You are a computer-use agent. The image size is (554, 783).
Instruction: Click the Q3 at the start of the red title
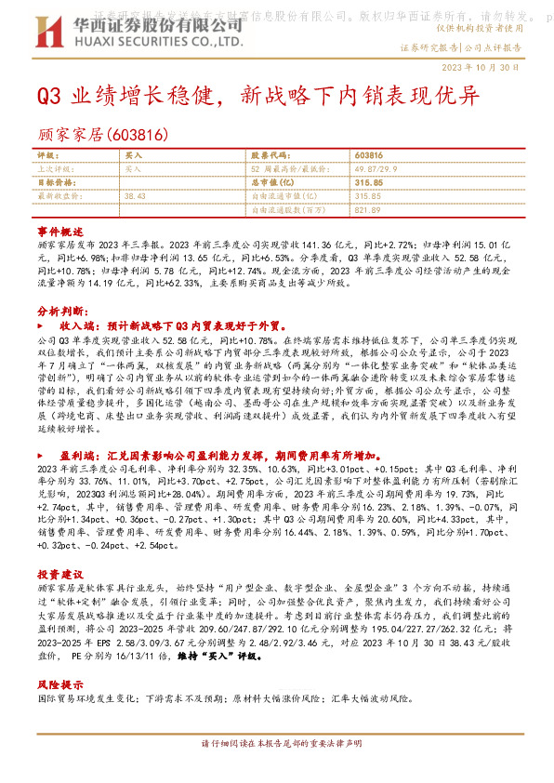click(x=48, y=96)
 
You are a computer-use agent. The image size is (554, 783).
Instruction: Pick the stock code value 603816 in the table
click(x=368, y=154)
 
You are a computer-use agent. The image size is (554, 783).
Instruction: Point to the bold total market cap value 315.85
click(x=369, y=183)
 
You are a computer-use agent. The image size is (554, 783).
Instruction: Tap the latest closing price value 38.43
click(x=136, y=197)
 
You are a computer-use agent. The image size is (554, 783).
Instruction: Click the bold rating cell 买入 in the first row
click(x=132, y=154)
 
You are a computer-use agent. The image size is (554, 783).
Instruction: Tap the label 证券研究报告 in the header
click(x=429, y=46)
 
